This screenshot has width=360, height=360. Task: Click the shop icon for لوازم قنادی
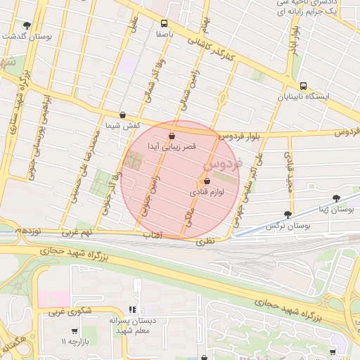click(206, 183)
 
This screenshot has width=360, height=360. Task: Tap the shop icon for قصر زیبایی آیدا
click(172, 136)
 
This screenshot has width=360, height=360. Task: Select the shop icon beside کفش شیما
click(122, 115)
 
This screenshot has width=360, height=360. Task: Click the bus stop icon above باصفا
click(165, 22)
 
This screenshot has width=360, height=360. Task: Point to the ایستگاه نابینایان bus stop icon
click(303, 86)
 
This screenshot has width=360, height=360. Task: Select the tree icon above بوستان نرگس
click(287, 214)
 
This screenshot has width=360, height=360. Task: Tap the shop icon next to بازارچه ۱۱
click(75, 331)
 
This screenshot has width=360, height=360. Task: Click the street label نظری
click(203, 240)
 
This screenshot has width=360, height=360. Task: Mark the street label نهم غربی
click(76, 231)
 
